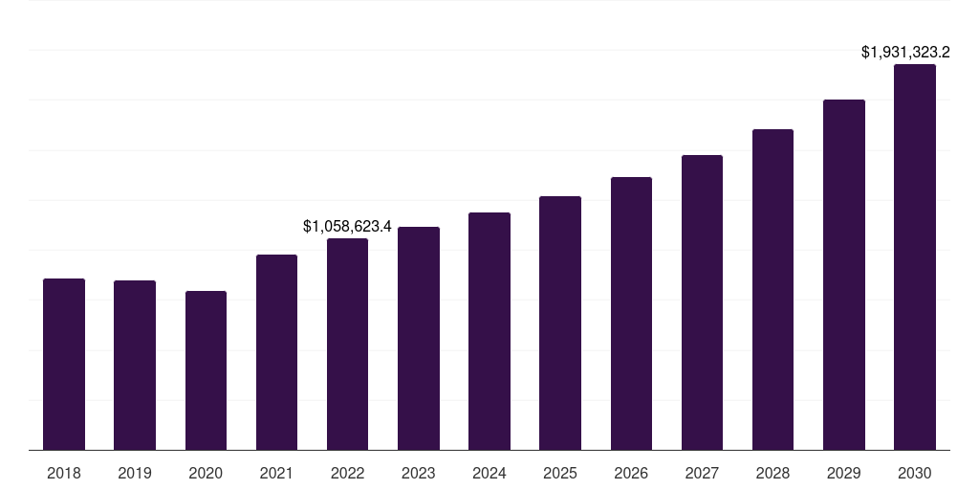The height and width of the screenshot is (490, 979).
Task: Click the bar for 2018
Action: (64, 364)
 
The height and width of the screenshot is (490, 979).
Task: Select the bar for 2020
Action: (206, 370)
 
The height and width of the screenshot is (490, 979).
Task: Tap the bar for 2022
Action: (347, 344)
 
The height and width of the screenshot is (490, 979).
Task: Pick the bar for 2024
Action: (489, 331)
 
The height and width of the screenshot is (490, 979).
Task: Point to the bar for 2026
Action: (631, 313)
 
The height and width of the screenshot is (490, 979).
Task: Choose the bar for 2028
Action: (772, 289)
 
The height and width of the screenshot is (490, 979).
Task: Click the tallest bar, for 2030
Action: (915, 256)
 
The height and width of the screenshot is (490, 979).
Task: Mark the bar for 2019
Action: (135, 365)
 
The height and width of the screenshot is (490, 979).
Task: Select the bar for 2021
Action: (276, 352)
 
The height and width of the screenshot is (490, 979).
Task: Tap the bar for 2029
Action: (844, 275)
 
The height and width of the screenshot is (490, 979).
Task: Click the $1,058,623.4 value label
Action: (347, 227)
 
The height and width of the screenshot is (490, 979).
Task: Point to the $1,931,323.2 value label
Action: (912, 53)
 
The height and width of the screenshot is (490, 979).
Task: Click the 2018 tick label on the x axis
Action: (64, 473)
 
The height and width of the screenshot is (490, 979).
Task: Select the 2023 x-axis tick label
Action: (419, 473)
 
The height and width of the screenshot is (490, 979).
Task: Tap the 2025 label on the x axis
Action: (560, 473)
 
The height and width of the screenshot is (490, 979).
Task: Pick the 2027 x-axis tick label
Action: (702, 473)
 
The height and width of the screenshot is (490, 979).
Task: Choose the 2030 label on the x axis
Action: (915, 473)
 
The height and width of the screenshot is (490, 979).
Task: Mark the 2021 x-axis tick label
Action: (276, 473)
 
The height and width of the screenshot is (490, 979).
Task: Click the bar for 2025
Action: (560, 323)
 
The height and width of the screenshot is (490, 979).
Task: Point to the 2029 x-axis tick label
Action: (844, 473)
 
